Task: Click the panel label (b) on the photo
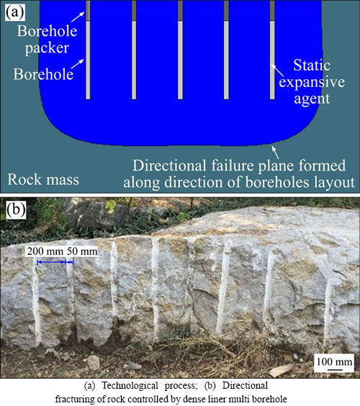coord(16,209)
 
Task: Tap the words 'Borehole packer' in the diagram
coord(47,40)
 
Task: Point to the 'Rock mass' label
coord(43,179)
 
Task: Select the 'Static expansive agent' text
coord(312,82)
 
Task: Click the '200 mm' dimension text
coord(45,251)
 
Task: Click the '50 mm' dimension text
coord(82,251)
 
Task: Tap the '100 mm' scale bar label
coord(334,361)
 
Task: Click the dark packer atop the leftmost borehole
coord(88,10)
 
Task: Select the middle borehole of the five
coord(180,50)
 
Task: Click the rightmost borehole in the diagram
coord(272,50)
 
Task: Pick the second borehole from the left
coord(134,50)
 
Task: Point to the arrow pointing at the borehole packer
coord(78,17)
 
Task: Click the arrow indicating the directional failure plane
coord(275,153)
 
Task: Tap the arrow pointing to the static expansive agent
coord(277,70)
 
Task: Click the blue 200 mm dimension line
coord(51,262)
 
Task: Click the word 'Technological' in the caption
coord(130,386)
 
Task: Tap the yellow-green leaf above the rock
coord(111,207)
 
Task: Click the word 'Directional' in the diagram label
coord(169,166)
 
